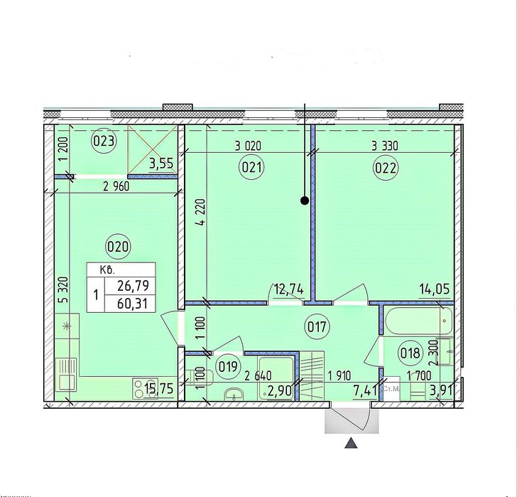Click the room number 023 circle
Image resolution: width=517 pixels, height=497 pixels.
point(104,141)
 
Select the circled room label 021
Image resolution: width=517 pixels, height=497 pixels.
point(251,168)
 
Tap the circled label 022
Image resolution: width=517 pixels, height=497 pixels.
point(386,169)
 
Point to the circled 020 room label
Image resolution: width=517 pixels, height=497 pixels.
point(117,246)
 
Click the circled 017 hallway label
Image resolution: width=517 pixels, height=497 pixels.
point(317,327)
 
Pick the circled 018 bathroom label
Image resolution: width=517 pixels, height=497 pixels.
point(410,353)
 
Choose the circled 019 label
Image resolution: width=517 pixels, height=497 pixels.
point(228,367)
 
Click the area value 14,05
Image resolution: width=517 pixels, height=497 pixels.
point(434,289)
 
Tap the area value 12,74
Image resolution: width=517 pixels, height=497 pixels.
point(288,289)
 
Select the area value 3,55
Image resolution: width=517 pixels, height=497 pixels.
point(161,163)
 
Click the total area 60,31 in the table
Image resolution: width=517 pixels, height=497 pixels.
point(132,303)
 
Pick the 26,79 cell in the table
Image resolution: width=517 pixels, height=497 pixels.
point(132,285)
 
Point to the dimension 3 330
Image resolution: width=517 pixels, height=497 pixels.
point(385,146)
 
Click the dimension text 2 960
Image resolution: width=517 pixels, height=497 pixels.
point(116,187)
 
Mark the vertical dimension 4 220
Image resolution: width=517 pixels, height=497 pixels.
point(201,212)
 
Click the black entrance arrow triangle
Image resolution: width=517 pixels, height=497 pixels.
point(351,443)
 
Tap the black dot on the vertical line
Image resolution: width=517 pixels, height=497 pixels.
point(305,201)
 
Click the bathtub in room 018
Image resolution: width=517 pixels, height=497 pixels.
point(419,321)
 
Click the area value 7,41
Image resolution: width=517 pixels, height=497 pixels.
point(365,392)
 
